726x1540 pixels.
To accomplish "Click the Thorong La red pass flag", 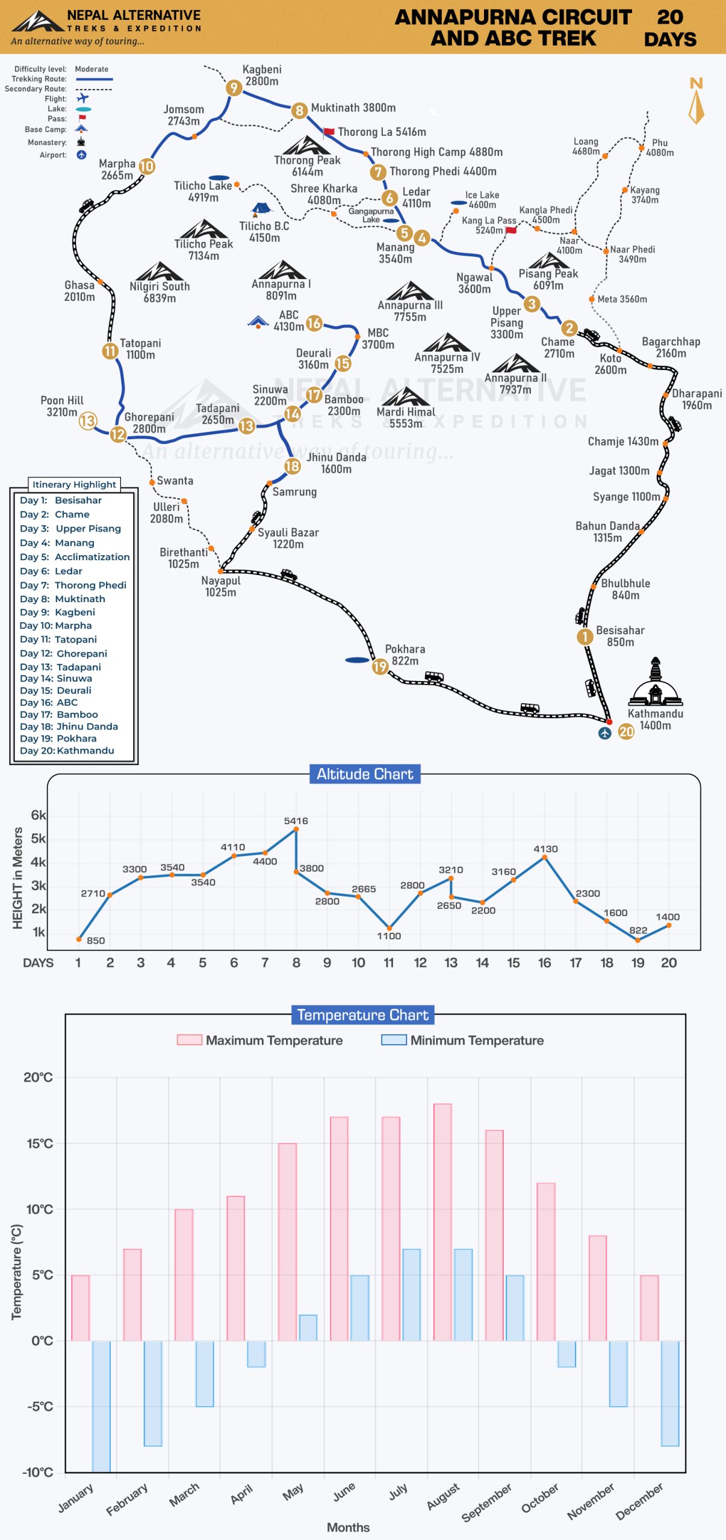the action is [329, 132].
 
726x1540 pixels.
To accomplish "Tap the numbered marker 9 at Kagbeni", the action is [234, 88].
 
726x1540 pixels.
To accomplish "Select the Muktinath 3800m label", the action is [353, 108].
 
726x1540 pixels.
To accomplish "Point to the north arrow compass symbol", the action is [697, 100].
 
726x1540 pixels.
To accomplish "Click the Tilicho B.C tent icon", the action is [261, 209].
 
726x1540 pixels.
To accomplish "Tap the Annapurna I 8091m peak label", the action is [281, 289].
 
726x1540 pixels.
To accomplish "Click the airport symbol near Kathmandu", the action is [605, 733].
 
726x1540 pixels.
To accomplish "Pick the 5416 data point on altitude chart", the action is [296, 830].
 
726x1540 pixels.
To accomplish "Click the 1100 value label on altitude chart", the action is [389, 936].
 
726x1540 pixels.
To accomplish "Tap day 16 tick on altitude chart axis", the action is [544, 962].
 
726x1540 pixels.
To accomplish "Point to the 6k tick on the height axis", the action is [38, 815].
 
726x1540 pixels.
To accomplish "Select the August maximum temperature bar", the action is [442, 1222].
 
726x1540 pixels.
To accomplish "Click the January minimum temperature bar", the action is [101, 1406].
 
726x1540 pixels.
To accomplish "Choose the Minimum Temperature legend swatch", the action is [394, 1039].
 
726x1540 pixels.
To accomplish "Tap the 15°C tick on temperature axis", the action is [40, 1143].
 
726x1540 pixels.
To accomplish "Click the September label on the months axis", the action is [486, 1501].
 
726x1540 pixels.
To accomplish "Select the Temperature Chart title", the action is [362, 1015].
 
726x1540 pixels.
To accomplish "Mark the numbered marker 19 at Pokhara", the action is [380, 667].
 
